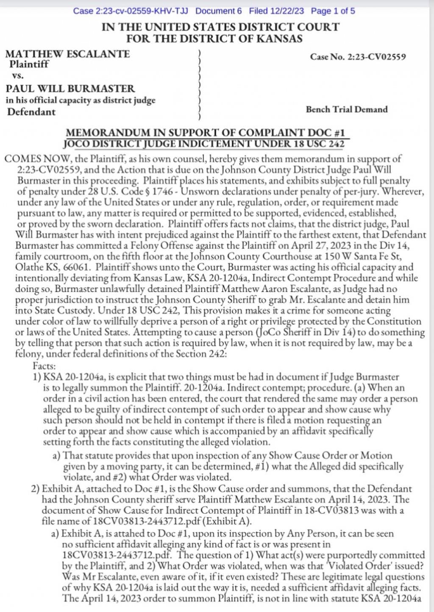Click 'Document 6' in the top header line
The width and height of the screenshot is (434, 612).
pyautogui.click(x=218, y=11)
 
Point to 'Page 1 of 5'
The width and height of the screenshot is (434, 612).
pyautogui.click(x=333, y=11)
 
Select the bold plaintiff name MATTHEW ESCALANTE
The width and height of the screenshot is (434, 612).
pyautogui.click(x=68, y=54)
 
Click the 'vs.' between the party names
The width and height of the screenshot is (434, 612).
pyautogui.click(x=18, y=76)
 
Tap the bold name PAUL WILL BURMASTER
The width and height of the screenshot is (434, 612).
pyautogui.click(x=70, y=89)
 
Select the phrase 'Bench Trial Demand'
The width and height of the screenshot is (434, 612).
pyautogui.click(x=347, y=109)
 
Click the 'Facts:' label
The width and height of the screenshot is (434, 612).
pyautogui.click(x=44, y=366)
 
